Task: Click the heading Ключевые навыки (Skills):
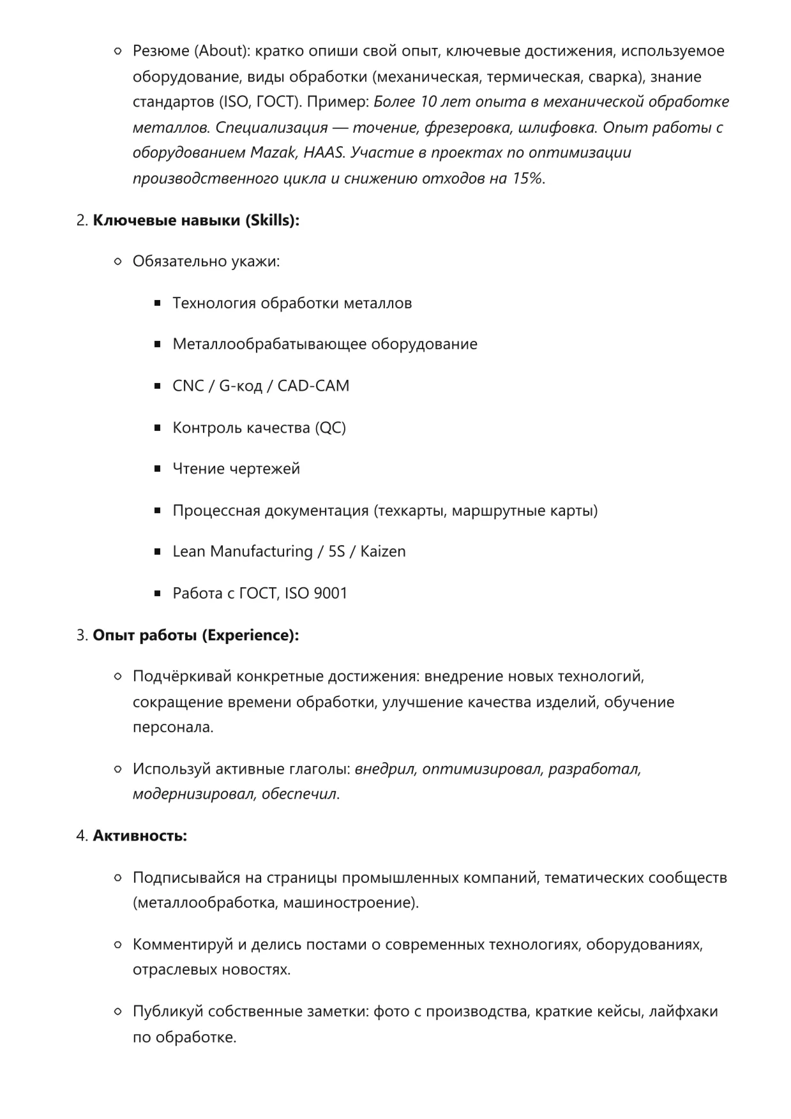tap(196, 220)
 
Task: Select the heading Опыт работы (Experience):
tap(195, 635)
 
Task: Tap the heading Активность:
tap(140, 836)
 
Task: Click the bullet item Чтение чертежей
tap(236, 469)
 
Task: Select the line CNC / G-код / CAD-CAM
tap(260, 386)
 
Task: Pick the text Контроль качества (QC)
tap(259, 427)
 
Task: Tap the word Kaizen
tap(382, 551)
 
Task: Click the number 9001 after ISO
tap(331, 593)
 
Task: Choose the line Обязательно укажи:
tap(206, 261)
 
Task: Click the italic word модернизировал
tap(193, 794)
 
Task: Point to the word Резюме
tap(161, 50)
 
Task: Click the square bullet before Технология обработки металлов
tap(158, 303)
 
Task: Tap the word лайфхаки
tap(683, 1011)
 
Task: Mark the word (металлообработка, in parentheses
tap(205, 903)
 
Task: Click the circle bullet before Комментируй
tap(117, 945)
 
